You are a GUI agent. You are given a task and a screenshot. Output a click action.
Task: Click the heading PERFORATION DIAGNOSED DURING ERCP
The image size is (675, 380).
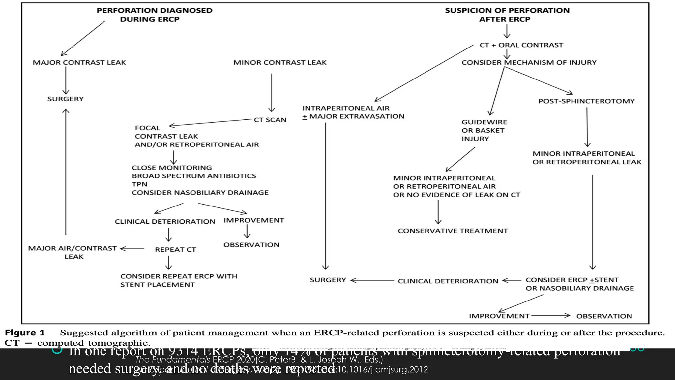coord(154,15)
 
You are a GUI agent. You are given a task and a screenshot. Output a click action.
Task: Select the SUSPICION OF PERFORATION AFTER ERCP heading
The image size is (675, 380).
coord(507,15)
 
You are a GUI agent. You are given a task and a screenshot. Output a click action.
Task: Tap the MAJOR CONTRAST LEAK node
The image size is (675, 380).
coord(79,63)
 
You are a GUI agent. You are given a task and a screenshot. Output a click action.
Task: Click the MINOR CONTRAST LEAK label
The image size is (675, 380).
coord(280,63)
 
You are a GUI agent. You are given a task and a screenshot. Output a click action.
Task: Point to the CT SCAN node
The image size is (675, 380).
coord(270,120)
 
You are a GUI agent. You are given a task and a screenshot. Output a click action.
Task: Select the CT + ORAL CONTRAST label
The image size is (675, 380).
coord(521,45)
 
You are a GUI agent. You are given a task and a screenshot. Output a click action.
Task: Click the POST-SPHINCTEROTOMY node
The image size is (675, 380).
coord(586,101)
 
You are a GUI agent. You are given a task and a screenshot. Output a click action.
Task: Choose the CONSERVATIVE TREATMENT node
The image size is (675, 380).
coord(453,231)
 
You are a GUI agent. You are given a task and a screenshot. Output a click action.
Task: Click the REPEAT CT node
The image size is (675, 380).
coord(175,250)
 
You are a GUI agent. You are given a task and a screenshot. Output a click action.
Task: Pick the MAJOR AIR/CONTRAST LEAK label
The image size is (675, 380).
coord(73,252)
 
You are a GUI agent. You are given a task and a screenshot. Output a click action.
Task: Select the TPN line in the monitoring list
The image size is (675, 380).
coord(139,184)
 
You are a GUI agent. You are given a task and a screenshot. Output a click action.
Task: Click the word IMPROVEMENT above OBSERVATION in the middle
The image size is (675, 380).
coord(254,220)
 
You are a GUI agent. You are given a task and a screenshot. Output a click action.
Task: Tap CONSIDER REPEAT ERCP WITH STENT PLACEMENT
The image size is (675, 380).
coord(179,280)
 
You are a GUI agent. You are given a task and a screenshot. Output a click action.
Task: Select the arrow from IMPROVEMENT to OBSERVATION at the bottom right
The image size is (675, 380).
coord(550,315)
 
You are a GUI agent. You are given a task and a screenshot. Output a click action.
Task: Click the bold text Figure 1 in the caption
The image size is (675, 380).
coord(25,333)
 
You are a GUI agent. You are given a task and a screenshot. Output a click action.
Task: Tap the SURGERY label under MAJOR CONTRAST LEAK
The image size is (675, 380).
coord(66,99)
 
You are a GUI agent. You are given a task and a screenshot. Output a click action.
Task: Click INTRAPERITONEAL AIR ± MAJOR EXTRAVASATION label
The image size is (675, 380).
coord(353,112)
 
